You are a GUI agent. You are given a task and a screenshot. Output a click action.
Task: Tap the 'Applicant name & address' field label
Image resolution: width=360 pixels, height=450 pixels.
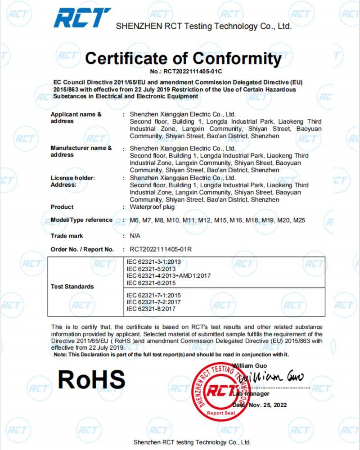tap(76, 118)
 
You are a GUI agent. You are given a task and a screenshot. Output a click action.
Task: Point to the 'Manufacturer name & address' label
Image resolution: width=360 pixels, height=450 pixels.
tap(81, 151)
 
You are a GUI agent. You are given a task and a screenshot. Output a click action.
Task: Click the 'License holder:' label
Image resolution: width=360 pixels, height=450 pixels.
tap(73, 178)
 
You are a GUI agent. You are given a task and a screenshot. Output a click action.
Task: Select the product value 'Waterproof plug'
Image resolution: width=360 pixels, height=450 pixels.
tap(152, 207)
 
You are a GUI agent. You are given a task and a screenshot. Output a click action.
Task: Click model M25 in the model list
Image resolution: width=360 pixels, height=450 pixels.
tap(299, 220)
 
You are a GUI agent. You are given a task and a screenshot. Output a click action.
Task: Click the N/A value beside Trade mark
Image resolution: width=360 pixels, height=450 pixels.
tap(135, 236)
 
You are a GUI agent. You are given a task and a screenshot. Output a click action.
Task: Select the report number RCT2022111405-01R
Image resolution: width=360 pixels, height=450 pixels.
tap(163, 249)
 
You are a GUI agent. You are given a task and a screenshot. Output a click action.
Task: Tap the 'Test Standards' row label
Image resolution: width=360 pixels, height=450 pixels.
tap(72, 287)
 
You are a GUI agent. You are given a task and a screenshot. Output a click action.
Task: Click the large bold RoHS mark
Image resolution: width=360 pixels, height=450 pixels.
tap(91, 380)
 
